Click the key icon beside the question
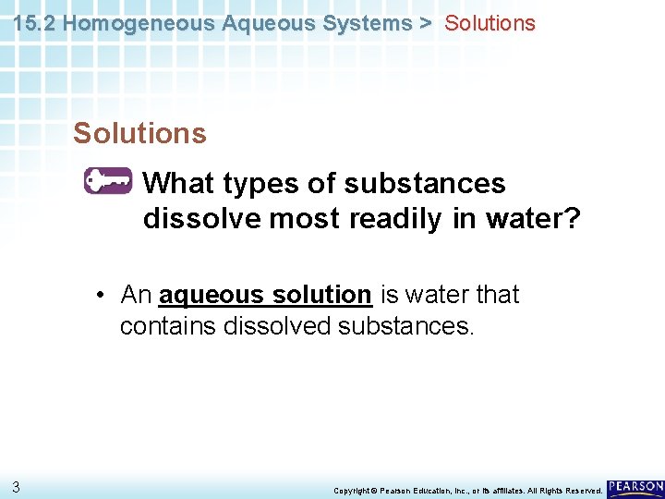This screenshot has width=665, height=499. click(108, 182)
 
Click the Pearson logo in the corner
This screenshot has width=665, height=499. click(635, 487)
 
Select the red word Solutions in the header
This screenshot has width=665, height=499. click(490, 23)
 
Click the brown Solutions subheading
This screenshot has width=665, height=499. click(139, 133)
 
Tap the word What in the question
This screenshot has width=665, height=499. click(179, 183)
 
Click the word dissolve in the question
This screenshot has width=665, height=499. click(202, 220)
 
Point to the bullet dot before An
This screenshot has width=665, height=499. click(99, 296)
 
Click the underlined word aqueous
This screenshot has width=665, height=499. click(211, 295)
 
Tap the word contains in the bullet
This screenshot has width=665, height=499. click(168, 327)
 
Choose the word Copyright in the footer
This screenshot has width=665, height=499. click(351, 490)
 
